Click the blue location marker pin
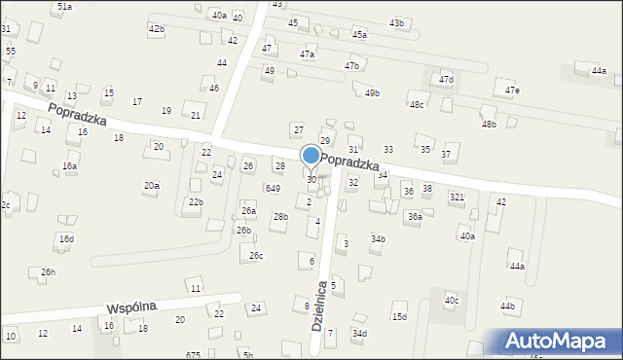[x=311, y=156]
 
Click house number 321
[x=457, y=197]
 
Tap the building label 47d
[x=446, y=79]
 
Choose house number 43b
[x=396, y=22]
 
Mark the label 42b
[x=156, y=29]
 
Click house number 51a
[x=64, y=6]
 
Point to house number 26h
[x=48, y=272]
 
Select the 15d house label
[x=399, y=316]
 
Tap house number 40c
[x=452, y=300]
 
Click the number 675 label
[x=193, y=355]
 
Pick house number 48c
[x=417, y=104]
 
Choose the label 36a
[x=415, y=216]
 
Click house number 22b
[x=196, y=201]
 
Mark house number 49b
[x=372, y=92]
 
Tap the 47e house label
[x=512, y=90]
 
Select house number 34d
[x=360, y=333]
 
